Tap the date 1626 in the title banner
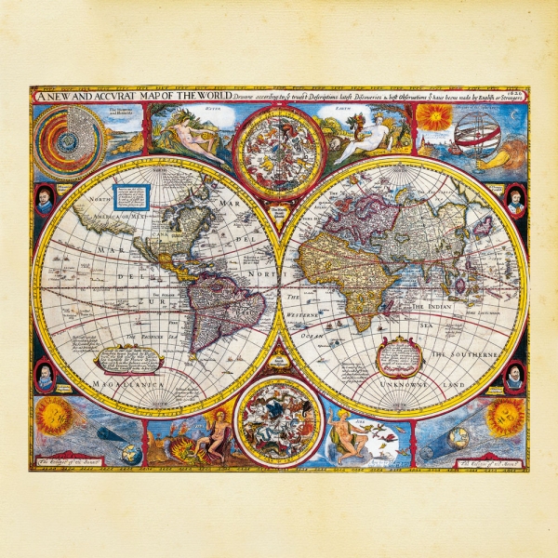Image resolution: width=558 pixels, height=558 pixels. tap(519, 92)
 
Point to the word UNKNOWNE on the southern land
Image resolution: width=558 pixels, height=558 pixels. tap(402, 383)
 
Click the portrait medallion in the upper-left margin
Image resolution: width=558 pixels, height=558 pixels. tap(44, 201)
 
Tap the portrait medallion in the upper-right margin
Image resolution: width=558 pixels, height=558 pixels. tap(515, 200)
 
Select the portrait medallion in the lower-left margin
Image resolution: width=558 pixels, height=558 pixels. tap(44, 376)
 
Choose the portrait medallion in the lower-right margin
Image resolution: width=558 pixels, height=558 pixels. tap(514, 376)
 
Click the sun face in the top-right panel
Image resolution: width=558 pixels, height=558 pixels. tap(433, 118)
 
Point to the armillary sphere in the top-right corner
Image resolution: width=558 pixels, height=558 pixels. tap(474, 130)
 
